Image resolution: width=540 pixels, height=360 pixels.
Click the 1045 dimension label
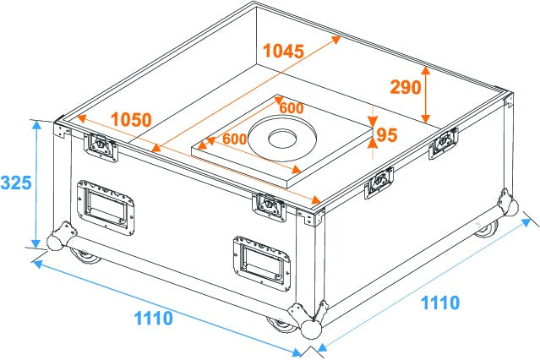[282, 51]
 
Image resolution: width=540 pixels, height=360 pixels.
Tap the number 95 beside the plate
[386, 135]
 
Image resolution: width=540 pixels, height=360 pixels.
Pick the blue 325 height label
[17, 182]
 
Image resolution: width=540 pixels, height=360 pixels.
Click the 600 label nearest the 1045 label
[291, 108]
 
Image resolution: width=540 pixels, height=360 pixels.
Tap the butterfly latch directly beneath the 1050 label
[101, 146]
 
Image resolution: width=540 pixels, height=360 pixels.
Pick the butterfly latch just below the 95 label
[379, 180]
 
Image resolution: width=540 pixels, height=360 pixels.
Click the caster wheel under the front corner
[279, 324]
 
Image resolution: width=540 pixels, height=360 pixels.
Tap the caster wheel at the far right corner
[485, 228]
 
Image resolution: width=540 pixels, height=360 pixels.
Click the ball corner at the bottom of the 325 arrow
[57, 238]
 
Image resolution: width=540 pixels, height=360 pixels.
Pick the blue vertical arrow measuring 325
[36, 183]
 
